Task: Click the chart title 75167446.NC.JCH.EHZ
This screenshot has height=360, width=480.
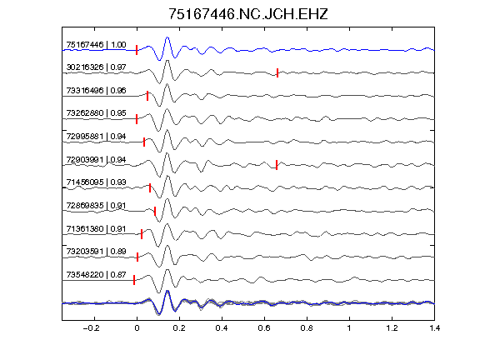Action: click(248, 14)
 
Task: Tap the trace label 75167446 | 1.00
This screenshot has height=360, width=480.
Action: click(96, 45)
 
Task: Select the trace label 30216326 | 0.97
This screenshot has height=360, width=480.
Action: click(96, 67)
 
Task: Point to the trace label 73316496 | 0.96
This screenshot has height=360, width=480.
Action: click(96, 91)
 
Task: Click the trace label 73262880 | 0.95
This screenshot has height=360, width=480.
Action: click(96, 113)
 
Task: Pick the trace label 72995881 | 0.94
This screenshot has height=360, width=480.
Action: click(96, 136)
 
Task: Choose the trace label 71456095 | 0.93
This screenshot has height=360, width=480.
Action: click(96, 182)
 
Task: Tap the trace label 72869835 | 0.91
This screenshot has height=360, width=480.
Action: click(96, 205)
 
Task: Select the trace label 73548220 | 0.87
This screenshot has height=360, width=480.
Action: click(96, 275)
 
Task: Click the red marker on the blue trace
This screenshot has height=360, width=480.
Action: click(137, 50)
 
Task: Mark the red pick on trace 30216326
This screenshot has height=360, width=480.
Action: click(277, 72)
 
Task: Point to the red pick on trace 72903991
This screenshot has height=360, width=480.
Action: click(277, 165)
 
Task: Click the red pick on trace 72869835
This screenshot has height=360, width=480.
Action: click(155, 211)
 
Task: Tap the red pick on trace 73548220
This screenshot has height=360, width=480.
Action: click(134, 280)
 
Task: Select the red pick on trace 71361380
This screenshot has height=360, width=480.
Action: click(142, 234)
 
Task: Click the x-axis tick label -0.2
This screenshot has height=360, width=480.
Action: click(91, 328)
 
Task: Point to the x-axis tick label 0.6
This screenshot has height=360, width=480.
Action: click(264, 328)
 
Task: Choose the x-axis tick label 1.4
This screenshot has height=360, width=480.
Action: click(434, 328)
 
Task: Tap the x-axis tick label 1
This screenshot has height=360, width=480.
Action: click(349, 328)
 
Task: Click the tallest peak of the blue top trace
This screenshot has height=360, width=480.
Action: click(167, 37)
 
